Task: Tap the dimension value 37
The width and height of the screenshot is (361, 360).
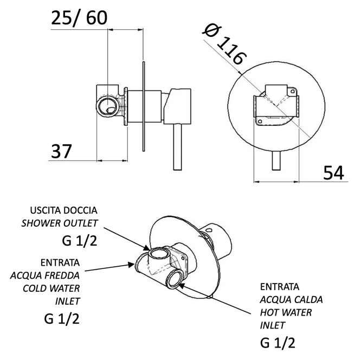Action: (62, 151)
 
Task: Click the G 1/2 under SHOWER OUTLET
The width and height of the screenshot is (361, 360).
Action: (79, 240)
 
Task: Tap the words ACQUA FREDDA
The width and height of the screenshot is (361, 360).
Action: (45, 274)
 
